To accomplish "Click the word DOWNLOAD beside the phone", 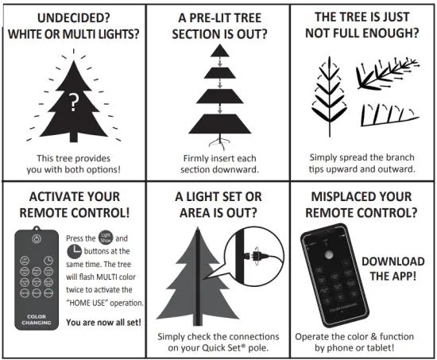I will (x=392, y=261).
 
